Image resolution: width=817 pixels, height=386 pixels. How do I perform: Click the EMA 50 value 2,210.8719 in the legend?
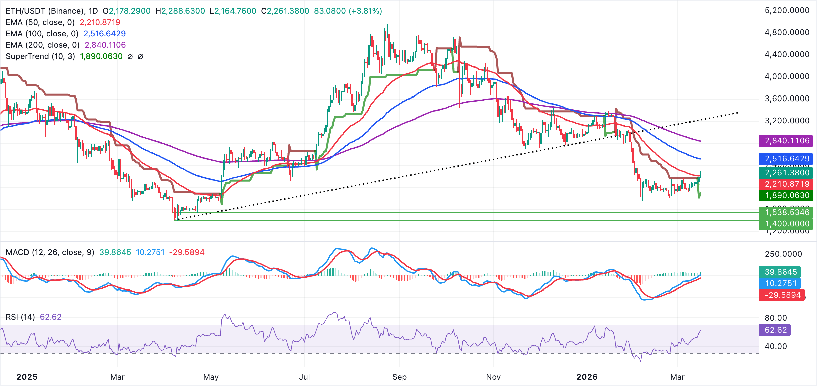100,22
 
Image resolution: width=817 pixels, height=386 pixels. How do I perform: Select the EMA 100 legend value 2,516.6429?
104,34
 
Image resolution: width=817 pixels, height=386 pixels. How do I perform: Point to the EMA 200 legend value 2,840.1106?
105,45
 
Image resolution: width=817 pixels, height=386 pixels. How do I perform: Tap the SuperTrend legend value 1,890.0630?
101,56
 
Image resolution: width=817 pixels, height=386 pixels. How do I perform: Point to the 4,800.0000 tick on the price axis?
787,32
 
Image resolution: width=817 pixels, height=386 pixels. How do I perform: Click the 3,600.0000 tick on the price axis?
787,99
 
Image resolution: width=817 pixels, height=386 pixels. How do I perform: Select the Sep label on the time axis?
399,377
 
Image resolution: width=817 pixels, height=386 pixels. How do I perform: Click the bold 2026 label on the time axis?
587,377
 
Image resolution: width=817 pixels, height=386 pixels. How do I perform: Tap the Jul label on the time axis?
304,377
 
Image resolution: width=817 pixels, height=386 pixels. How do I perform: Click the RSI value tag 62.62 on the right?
775,330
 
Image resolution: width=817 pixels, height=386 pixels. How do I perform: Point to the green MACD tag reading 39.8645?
780,272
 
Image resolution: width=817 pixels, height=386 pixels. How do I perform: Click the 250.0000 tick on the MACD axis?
783,254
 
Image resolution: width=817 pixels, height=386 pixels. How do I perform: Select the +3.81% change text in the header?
365,11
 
